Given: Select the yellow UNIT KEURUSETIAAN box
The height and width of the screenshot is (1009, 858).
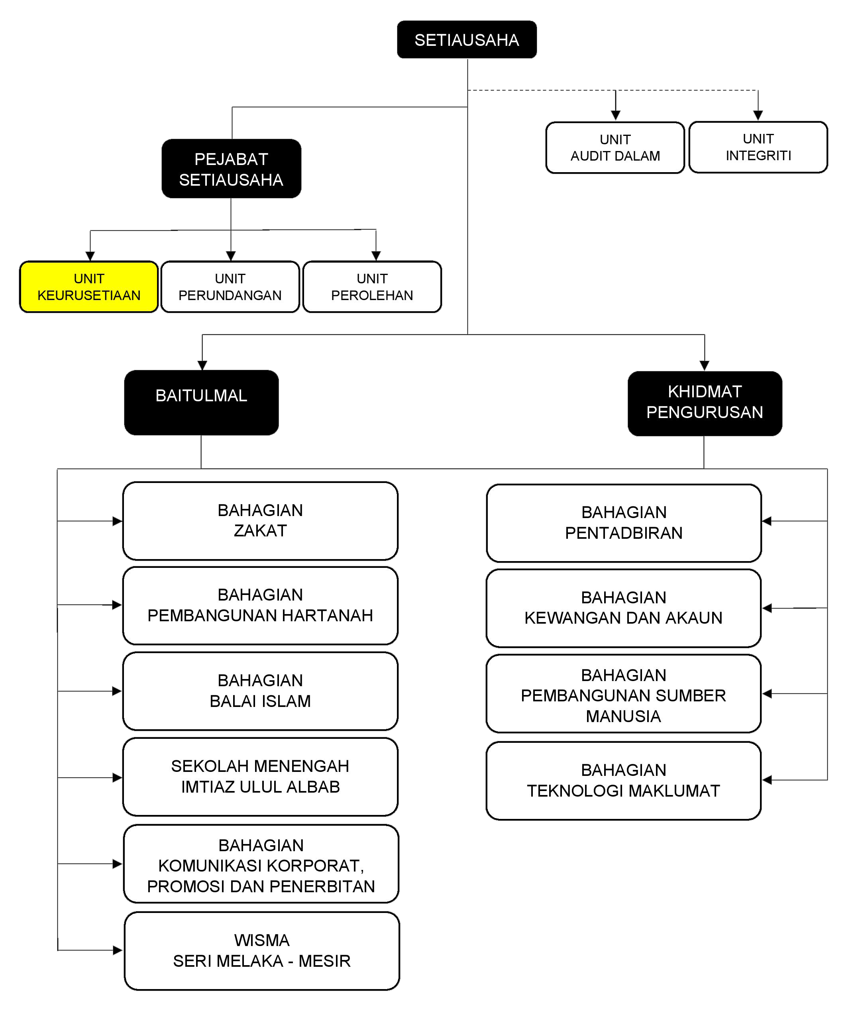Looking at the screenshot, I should coord(89,287).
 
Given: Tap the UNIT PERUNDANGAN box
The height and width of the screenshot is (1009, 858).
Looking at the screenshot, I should coord(230,287).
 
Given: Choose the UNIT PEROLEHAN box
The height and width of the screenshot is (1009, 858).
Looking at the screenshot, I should coord(372,287).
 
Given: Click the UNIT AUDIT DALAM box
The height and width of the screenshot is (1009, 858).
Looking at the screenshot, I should coord(615,147).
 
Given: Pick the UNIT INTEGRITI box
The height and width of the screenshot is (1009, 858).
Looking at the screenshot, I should coord(758,147).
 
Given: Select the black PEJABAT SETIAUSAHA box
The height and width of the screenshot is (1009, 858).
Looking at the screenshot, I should coord(231,169).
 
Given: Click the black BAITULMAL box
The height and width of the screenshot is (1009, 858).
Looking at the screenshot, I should coord(201,402).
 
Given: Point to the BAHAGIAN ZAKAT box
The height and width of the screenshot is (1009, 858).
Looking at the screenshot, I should coord(260,521).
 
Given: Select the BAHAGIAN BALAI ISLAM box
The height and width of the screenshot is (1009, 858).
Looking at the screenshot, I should coord(260,691).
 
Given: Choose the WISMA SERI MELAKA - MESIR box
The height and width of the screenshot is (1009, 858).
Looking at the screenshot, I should coord(262,951).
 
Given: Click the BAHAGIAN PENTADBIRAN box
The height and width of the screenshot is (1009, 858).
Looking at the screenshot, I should coord(624,523).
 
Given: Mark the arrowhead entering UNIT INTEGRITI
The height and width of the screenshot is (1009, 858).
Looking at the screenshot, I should coord(758,116).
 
